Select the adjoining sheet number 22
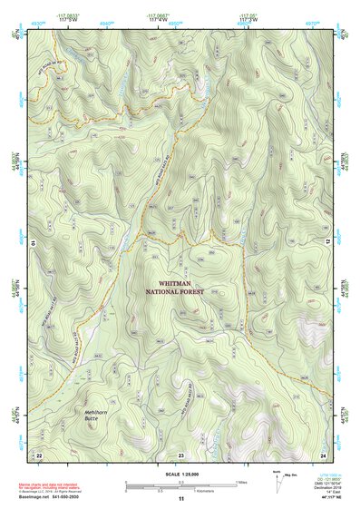click(38, 454)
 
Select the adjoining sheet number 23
click(180, 454)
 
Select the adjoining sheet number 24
click(322, 454)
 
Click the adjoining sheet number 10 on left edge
click(32, 243)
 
